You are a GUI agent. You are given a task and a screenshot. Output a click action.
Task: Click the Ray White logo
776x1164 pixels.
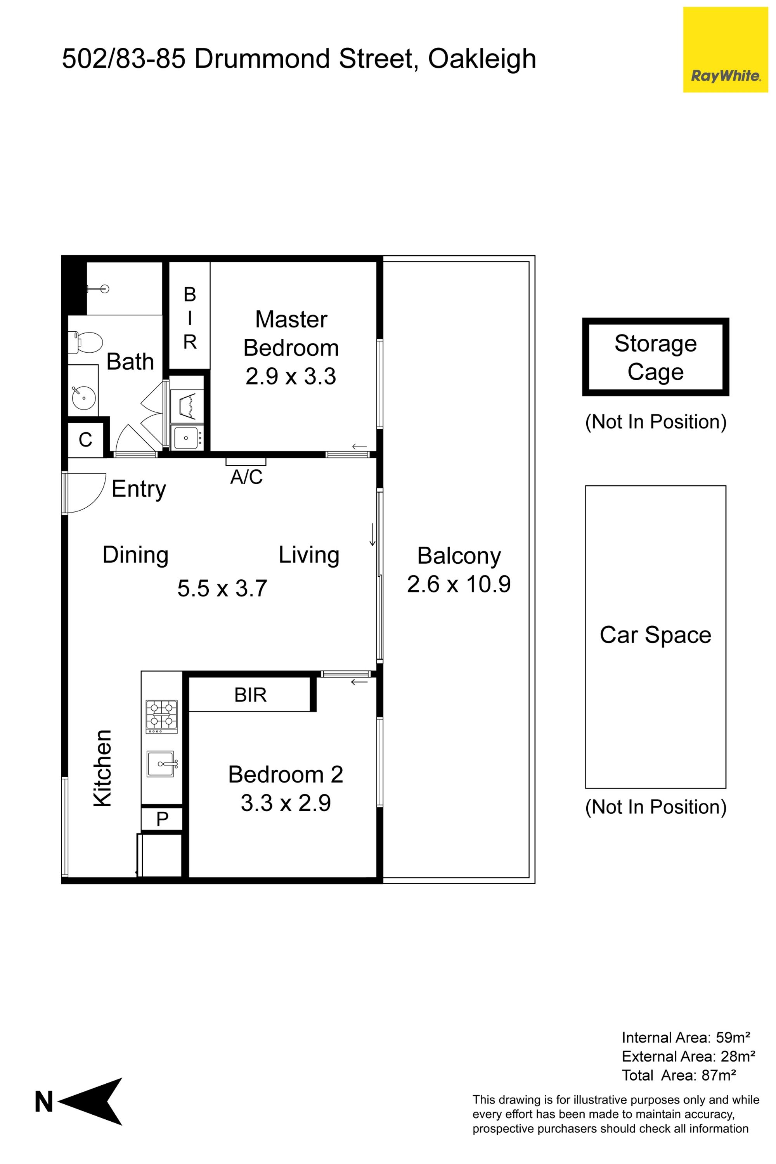[x=725, y=50]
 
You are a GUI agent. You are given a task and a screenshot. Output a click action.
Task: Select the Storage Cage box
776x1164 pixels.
[x=655, y=357]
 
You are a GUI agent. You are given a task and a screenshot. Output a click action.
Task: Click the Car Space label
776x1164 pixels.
[x=655, y=634]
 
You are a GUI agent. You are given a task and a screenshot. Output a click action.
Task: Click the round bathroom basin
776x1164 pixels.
[x=84, y=397]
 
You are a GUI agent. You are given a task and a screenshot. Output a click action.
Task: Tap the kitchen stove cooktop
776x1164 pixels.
[x=161, y=716]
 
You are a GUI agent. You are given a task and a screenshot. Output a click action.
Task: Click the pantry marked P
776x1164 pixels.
[x=162, y=819]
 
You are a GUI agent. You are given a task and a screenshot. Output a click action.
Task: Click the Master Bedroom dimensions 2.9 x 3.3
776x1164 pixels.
[x=291, y=376]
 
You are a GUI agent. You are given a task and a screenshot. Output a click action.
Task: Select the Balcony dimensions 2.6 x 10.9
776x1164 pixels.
[x=459, y=584]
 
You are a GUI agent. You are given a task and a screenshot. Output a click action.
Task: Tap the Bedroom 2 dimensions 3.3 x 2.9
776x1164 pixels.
[x=286, y=803]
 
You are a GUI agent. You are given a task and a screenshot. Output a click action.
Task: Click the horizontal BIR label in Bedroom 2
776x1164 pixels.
[x=250, y=695]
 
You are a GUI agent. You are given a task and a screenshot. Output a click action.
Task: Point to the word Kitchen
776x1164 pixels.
[x=103, y=769]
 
